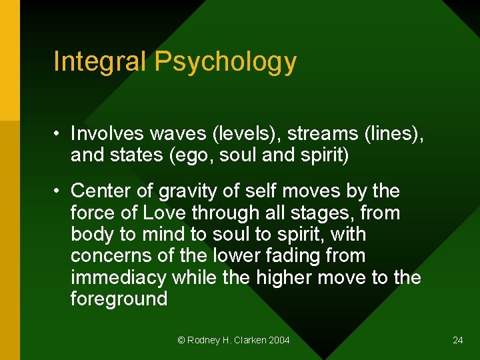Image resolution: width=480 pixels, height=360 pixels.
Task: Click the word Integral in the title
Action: (x=100, y=61)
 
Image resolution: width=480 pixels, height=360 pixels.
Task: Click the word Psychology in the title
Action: (x=225, y=63)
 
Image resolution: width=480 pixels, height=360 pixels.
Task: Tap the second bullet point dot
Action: (x=59, y=191)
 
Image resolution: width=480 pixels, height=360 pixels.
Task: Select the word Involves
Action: (x=107, y=134)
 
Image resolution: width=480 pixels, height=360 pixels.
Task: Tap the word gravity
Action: (x=186, y=192)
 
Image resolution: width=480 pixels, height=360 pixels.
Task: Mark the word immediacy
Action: (x=119, y=278)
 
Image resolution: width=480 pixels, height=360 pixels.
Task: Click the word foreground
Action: (x=119, y=299)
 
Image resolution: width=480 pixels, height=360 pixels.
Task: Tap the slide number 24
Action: (x=457, y=340)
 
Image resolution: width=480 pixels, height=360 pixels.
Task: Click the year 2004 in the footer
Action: (x=279, y=340)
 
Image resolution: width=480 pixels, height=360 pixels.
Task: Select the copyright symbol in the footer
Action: (x=181, y=340)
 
